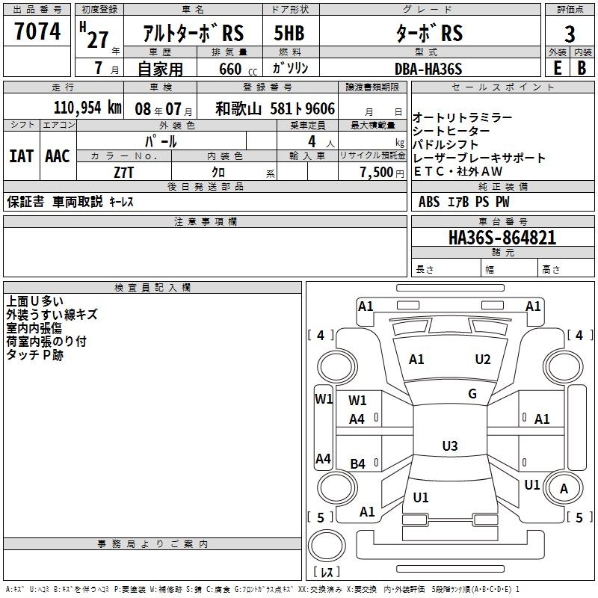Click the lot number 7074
click(x=37, y=31)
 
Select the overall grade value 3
click(x=570, y=34)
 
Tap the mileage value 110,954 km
click(x=87, y=108)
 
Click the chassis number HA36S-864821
click(x=502, y=238)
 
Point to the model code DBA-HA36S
click(x=428, y=69)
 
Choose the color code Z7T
click(x=123, y=173)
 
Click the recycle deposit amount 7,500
click(x=377, y=173)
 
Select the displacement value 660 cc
click(x=238, y=69)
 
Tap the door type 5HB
click(x=289, y=33)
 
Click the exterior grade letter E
click(x=557, y=68)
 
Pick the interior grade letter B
click(x=582, y=68)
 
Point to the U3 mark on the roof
click(x=450, y=446)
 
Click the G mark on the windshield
click(x=472, y=394)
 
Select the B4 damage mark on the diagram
click(x=358, y=463)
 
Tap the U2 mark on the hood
click(x=483, y=360)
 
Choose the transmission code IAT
click(x=21, y=156)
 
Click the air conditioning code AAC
click(x=58, y=156)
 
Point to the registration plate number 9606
click(x=320, y=109)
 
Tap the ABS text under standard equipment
click(x=429, y=202)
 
